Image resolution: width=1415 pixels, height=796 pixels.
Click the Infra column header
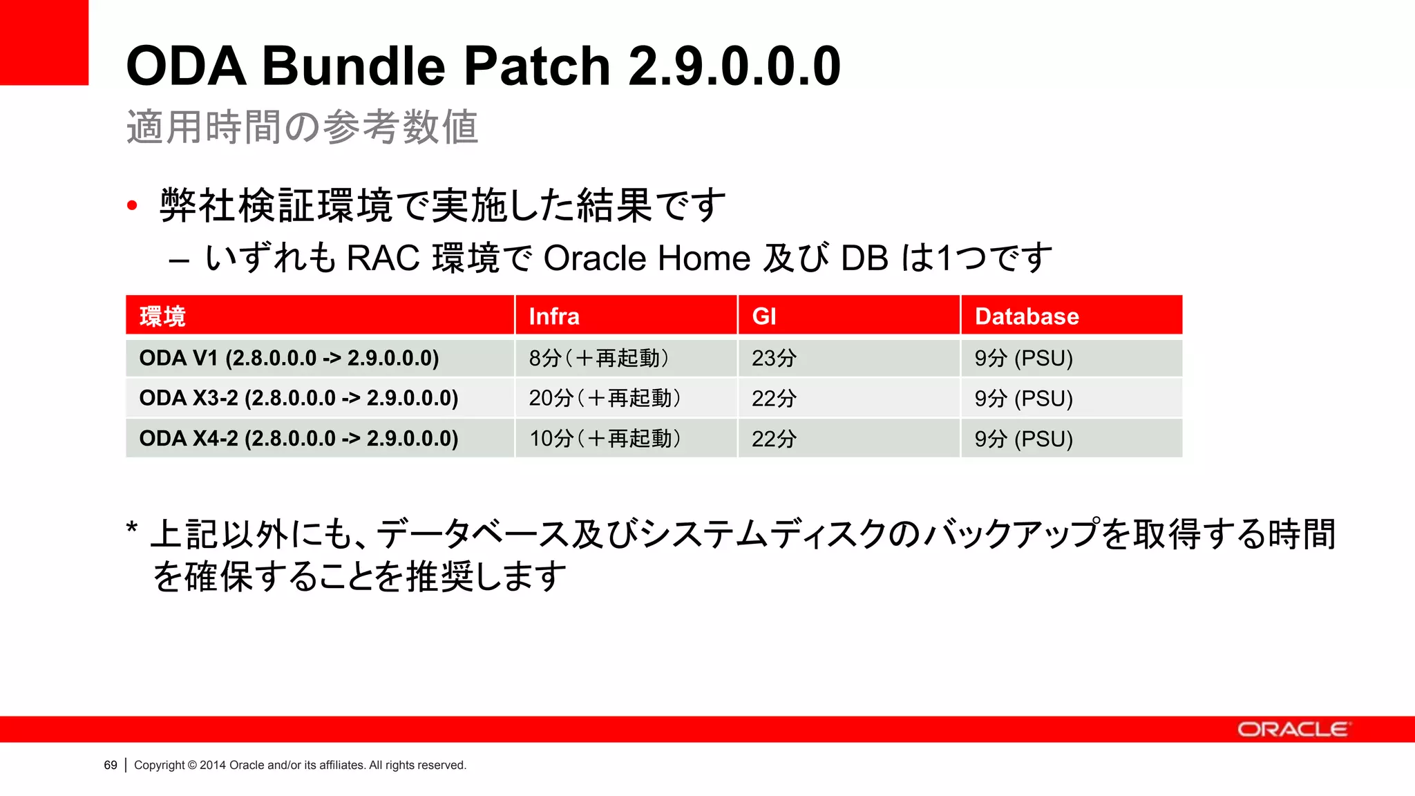554,316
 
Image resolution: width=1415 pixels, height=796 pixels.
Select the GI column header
764,316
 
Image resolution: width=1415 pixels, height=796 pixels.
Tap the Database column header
1027,316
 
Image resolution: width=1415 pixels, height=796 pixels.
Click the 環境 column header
162,316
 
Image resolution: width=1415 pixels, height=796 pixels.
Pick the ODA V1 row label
289,358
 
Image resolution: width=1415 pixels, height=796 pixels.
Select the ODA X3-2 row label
298,398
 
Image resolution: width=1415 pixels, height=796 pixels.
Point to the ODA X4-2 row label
298,438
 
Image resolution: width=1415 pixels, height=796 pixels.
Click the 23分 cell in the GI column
774,358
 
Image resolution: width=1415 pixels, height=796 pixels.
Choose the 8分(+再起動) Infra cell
599,358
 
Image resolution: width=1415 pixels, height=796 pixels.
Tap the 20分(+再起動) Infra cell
605,398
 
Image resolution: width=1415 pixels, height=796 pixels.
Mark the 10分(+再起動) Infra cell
605,438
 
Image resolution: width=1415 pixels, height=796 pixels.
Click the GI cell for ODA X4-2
774,438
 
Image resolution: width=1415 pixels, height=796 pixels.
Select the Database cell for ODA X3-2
1023,398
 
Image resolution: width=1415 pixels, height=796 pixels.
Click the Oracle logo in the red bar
1292,730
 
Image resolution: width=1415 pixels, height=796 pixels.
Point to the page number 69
111,765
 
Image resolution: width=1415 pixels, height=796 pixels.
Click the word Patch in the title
537,66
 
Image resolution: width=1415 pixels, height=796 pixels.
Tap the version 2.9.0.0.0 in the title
734,66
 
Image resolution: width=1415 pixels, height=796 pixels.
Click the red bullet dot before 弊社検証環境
133,205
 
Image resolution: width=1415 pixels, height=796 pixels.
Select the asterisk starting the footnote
132,529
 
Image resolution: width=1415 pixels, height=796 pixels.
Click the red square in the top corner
44,42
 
